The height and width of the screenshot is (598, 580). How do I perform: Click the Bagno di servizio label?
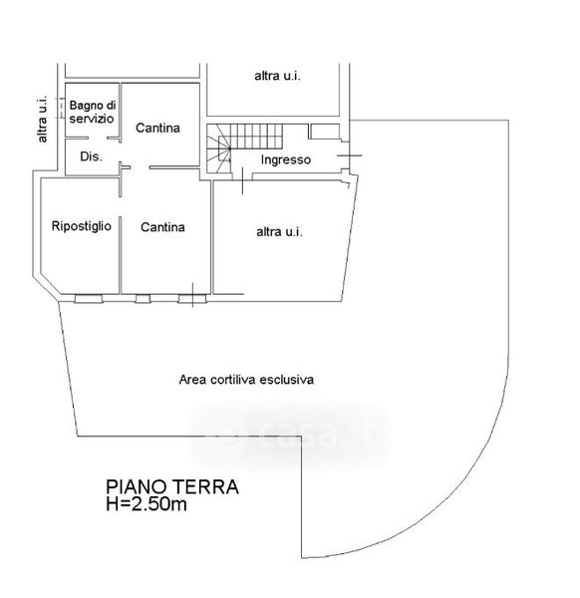(92, 112)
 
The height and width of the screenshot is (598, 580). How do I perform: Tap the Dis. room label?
(91, 156)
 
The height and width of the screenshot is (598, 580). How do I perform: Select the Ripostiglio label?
(82, 226)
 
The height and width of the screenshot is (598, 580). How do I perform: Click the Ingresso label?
(286, 159)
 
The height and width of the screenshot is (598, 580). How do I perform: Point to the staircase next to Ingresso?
(244, 148)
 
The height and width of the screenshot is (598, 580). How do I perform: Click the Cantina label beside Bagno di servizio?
(157, 128)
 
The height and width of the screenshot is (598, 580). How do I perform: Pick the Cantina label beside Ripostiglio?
(162, 227)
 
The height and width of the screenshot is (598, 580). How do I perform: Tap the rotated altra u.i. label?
(42, 119)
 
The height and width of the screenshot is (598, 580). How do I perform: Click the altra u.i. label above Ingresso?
(277, 77)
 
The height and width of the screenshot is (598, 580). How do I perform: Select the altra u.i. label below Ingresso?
(279, 232)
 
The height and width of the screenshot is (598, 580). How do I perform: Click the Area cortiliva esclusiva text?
(246, 380)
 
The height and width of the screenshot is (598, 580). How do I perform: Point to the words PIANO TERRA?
(172, 487)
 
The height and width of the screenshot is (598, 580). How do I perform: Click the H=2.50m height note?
(146, 504)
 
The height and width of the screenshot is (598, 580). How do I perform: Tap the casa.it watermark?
(290, 435)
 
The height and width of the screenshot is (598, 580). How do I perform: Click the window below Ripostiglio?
(89, 299)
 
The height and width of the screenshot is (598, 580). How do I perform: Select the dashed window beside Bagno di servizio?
(60, 108)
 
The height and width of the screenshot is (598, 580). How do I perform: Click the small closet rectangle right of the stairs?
(324, 132)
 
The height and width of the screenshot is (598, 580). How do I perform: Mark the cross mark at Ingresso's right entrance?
(350, 155)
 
